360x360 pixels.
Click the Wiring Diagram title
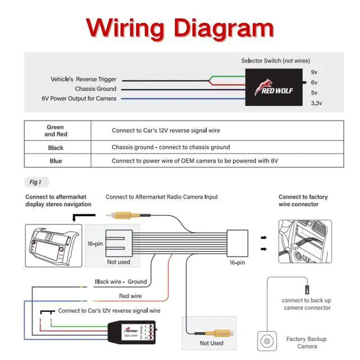coord(180,27)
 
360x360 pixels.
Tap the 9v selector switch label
coord(314,72)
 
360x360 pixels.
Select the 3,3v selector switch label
coord(316,103)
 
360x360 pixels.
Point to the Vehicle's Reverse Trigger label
coord(83,79)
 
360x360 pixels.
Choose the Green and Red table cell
coord(55,130)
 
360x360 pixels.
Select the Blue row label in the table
coord(55,161)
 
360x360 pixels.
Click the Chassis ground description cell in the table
coord(170,147)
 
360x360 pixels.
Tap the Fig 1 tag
coord(36,182)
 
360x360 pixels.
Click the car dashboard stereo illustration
coord(54,242)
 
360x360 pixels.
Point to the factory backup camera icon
coord(267,341)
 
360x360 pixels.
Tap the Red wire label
coord(130,296)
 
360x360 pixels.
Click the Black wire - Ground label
coord(120,282)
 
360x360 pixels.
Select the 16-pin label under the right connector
coord(237,262)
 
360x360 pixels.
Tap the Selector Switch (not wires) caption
coord(275,61)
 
